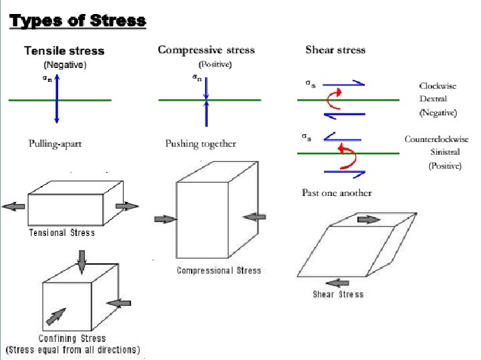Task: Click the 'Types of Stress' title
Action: tap(77, 21)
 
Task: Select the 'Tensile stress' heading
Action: tap(64, 51)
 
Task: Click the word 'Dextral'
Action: tap(433, 99)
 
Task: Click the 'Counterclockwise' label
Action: tap(436, 139)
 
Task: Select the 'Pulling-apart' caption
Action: tap(55, 143)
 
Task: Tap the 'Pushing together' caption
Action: tap(200, 144)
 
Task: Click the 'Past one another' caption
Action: tap(337, 193)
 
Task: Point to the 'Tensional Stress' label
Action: tap(61, 233)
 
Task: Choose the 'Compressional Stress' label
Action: tap(218, 270)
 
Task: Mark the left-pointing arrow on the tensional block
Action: tap(13, 207)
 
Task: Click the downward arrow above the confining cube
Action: tap(82, 261)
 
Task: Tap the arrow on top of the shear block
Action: tap(367, 219)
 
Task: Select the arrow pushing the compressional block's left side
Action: tap(164, 218)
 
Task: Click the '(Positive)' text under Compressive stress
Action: tap(215, 64)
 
